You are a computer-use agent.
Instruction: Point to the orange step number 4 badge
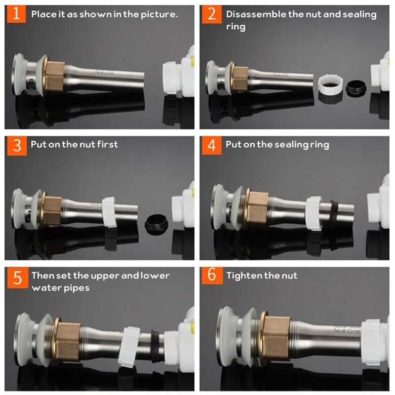[212, 145]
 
